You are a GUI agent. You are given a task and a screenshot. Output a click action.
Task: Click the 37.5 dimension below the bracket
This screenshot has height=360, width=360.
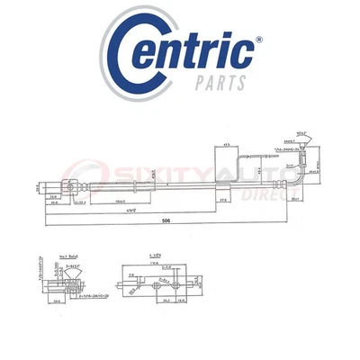tap(221, 201)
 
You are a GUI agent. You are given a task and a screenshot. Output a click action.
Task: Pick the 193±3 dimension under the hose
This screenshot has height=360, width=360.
tap(121, 201)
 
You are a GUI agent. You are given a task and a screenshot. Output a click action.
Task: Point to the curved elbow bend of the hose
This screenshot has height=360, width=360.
tap(294, 181)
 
